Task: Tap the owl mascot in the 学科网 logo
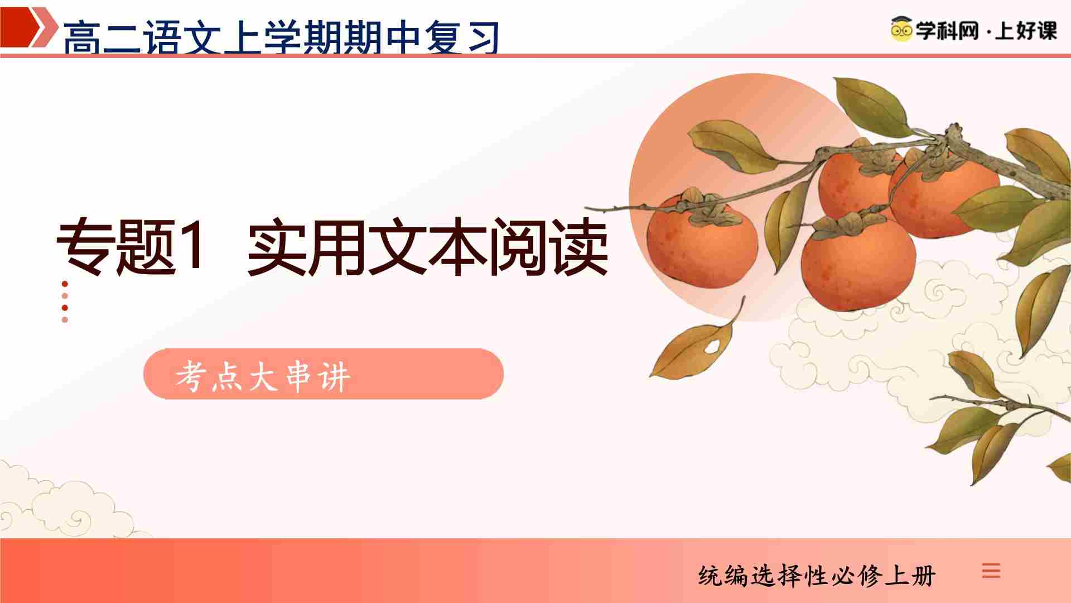901,29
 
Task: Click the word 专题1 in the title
131,247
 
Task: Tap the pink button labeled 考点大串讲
324,374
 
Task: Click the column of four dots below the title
65,301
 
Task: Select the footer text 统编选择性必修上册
817,576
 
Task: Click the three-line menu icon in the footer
991,571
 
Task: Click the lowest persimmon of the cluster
858,262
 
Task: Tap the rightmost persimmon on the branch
944,193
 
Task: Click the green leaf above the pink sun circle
870,106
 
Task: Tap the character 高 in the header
83,38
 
